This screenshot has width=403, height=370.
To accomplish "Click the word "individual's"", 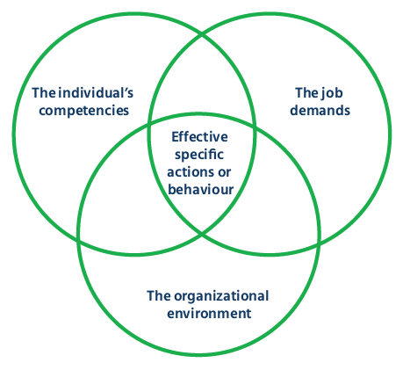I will (x=94, y=91).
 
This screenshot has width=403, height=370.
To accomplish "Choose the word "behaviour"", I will (x=200, y=188).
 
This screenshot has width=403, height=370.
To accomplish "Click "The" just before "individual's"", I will (x=44, y=91).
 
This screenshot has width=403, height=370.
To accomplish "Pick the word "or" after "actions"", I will (x=228, y=171).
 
